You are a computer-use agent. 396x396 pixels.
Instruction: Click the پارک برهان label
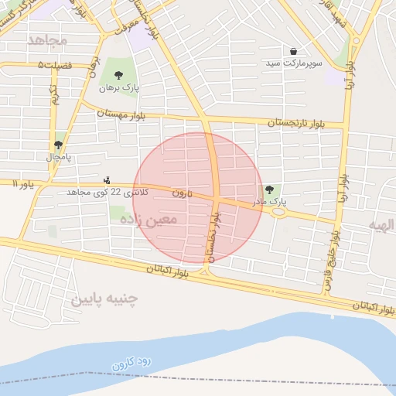pyautogui.click(x=119, y=88)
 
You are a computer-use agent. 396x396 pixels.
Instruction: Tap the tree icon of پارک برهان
pyautogui.click(x=118, y=75)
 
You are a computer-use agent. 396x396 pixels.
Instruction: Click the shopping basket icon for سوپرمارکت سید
pyautogui.click(x=294, y=51)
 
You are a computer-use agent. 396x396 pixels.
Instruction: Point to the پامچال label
pyautogui.click(x=58, y=157)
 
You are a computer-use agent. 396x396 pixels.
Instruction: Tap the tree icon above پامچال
pyautogui.click(x=59, y=145)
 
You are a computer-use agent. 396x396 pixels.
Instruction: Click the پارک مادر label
pyautogui.click(x=268, y=201)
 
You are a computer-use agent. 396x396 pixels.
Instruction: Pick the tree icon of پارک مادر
pyautogui.click(x=269, y=189)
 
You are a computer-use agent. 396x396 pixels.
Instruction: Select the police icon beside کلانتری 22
pyautogui.click(x=107, y=180)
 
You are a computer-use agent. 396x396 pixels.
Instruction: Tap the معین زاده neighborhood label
pyautogui.click(x=148, y=219)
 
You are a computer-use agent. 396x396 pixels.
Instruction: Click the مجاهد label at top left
pyautogui.click(x=47, y=39)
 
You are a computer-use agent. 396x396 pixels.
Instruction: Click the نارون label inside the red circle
pyautogui.click(x=181, y=191)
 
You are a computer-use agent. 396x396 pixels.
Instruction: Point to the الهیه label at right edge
pyautogui.click(x=381, y=224)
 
